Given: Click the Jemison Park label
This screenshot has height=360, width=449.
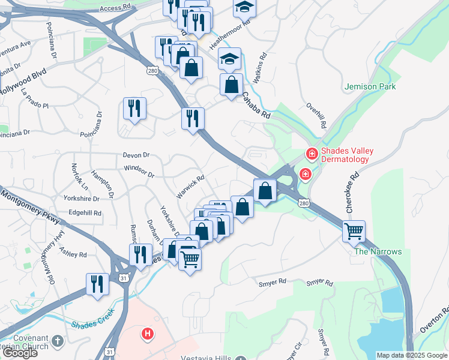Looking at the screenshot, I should click(370, 86).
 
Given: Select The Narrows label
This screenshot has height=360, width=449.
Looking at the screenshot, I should click(378, 251).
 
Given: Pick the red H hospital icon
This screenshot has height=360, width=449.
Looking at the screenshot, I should click(146, 333).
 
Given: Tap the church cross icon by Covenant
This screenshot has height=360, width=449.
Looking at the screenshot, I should click(57, 340).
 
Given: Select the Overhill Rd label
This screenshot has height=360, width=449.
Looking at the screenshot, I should click(316, 116).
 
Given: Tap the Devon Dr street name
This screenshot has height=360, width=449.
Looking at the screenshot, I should click(135, 155).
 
